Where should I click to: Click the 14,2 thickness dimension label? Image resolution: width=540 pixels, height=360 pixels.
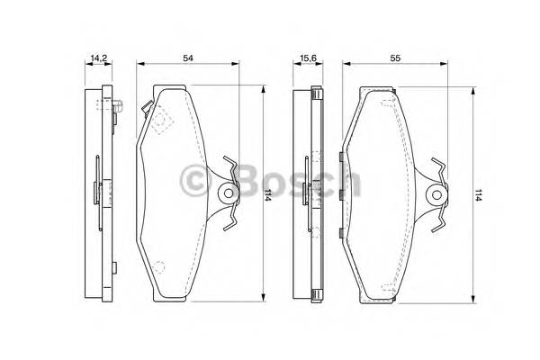(x=99, y=58)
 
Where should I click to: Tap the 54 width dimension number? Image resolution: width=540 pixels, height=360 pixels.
(x=188, y=58)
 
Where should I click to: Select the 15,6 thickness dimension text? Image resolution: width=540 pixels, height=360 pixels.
(x=308, y=58)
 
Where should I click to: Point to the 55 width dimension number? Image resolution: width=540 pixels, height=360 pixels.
(x=395, y=58)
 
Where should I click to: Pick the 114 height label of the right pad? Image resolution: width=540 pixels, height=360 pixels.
(x=478, y=195)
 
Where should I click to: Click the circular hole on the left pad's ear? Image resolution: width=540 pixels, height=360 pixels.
(x=229, y=193)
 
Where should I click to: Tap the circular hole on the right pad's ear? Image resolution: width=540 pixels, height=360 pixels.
(x=436, y=195)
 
